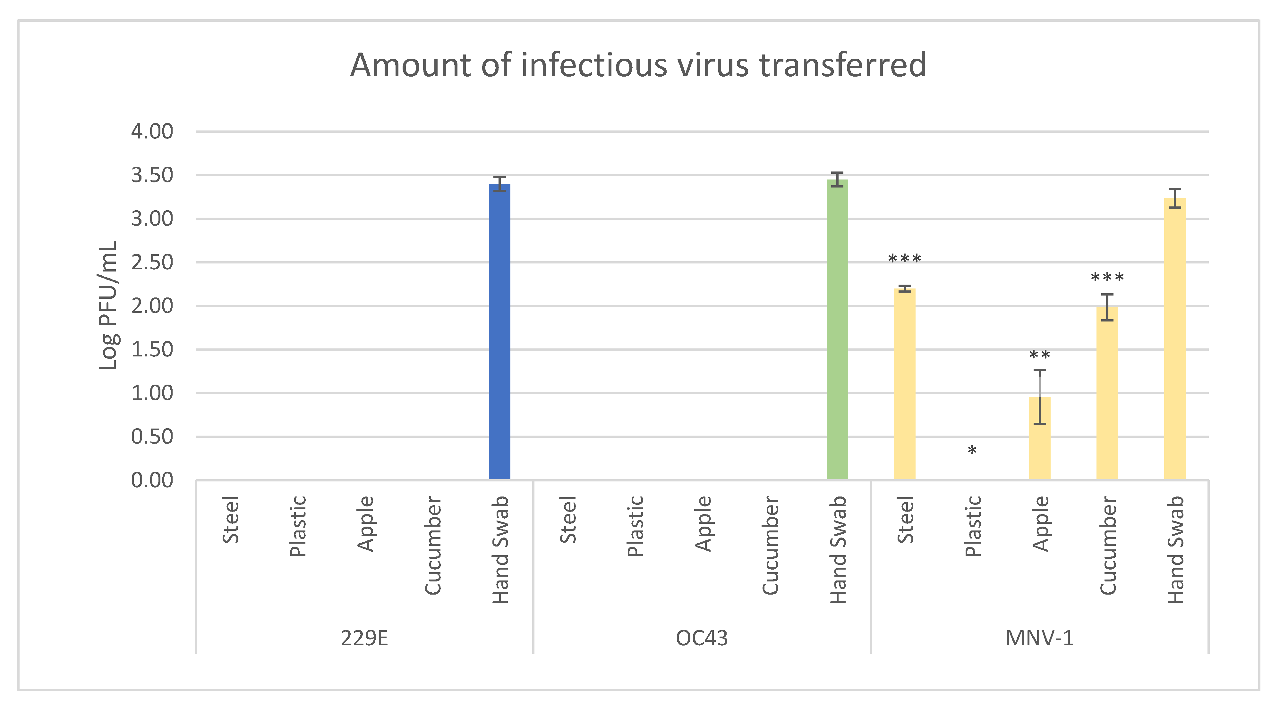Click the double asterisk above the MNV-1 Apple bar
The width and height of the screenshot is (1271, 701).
[x=1040, y=355]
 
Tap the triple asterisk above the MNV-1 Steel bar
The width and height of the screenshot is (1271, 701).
[x=904, y=259]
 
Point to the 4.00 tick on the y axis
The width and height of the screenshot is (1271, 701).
[x=152, y=132]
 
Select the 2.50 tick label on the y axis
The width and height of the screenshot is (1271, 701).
[x=152, y=262]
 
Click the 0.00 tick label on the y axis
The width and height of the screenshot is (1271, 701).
[x=152, y=480]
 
